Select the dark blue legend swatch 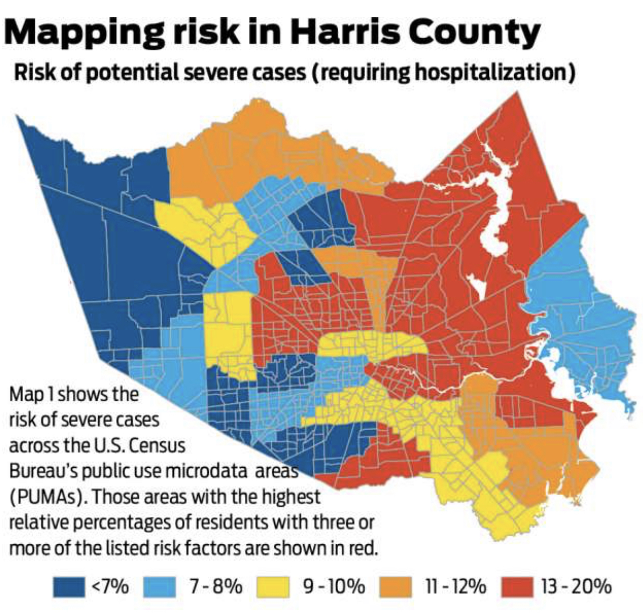69,586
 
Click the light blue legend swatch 160,586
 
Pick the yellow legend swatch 273,586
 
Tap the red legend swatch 517,586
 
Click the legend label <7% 110,586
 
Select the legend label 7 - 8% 215,586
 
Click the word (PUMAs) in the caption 47,497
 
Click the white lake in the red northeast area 496,215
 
